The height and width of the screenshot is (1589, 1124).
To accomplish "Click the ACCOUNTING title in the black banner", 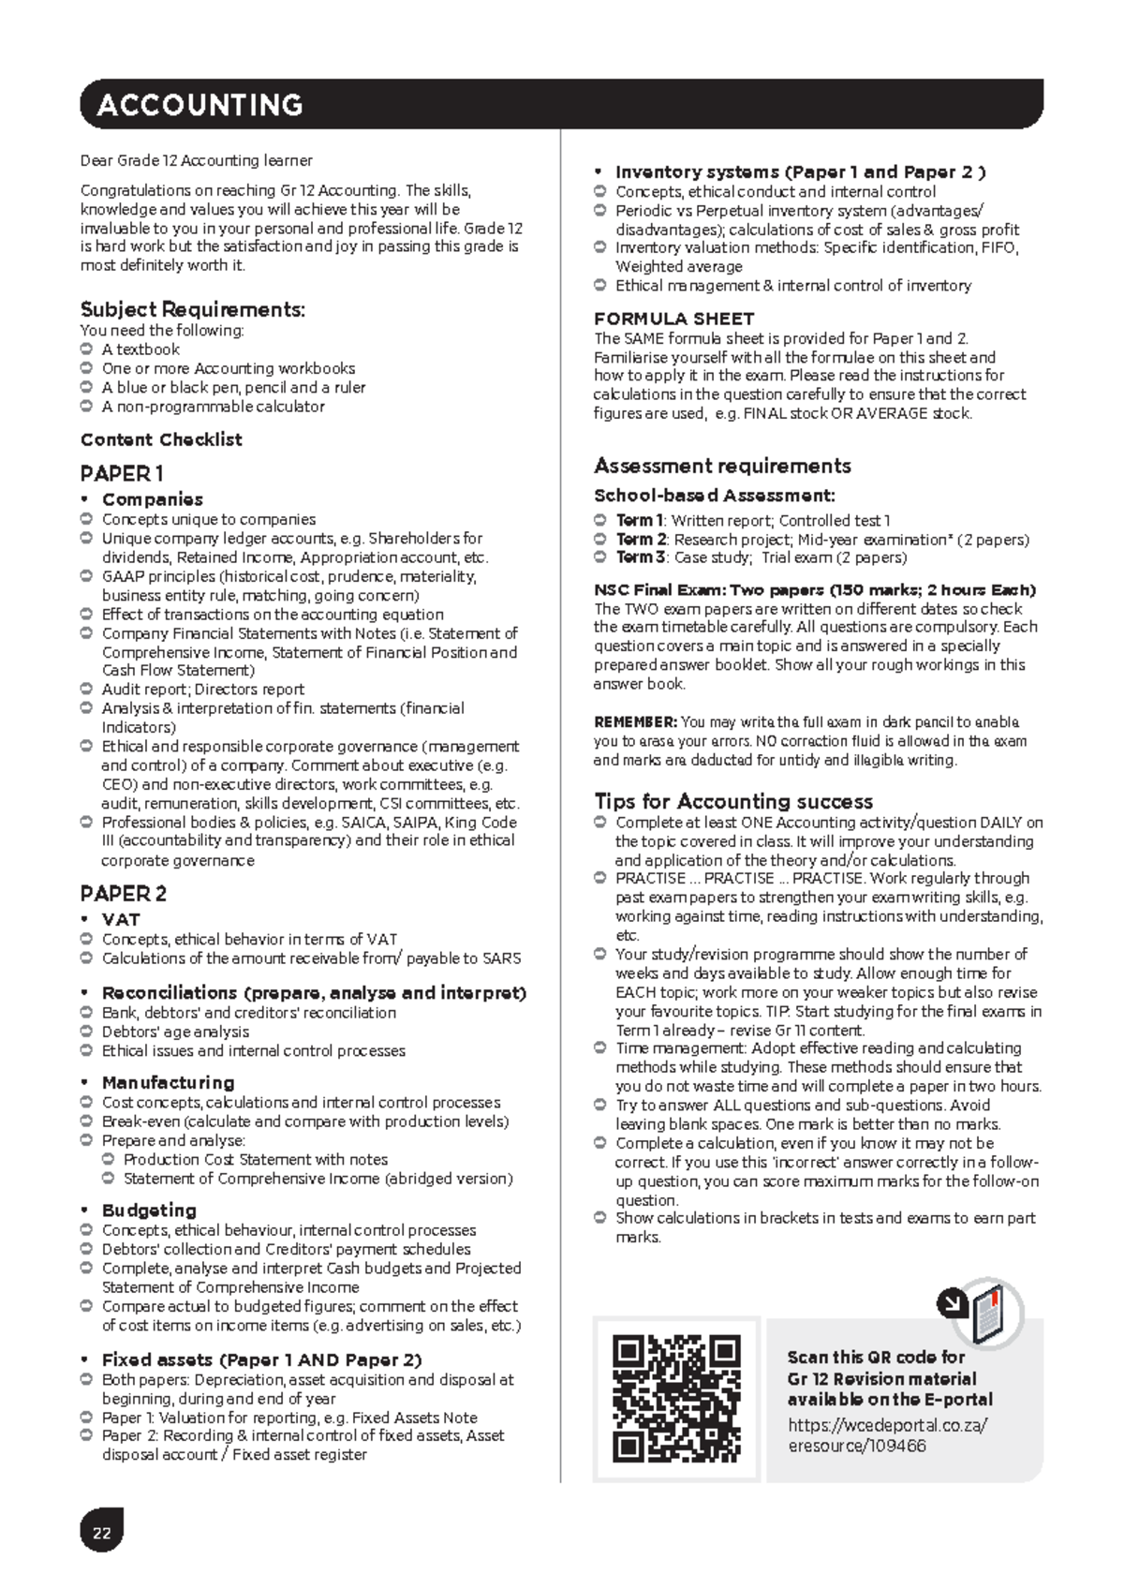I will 200,104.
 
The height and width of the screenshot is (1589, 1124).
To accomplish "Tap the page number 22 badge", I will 101,1533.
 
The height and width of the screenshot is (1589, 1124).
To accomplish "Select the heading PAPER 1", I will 122,473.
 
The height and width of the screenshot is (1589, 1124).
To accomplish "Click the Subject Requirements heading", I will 193,309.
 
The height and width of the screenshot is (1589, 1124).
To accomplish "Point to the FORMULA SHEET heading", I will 673,319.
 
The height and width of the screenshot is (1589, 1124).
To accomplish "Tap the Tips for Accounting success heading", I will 733,801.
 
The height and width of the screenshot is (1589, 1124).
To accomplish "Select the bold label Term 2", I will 641,540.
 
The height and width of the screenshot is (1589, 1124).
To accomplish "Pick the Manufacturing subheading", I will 168,1082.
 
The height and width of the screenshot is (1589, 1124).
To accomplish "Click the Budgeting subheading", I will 149,1210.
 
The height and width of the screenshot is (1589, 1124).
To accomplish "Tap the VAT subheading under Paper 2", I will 121,919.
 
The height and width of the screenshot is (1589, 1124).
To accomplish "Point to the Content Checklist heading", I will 161,439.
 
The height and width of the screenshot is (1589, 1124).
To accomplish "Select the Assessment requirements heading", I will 722,466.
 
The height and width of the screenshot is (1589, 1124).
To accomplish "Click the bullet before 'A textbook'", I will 87,349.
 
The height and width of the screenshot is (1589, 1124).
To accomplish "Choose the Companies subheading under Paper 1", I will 152,499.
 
